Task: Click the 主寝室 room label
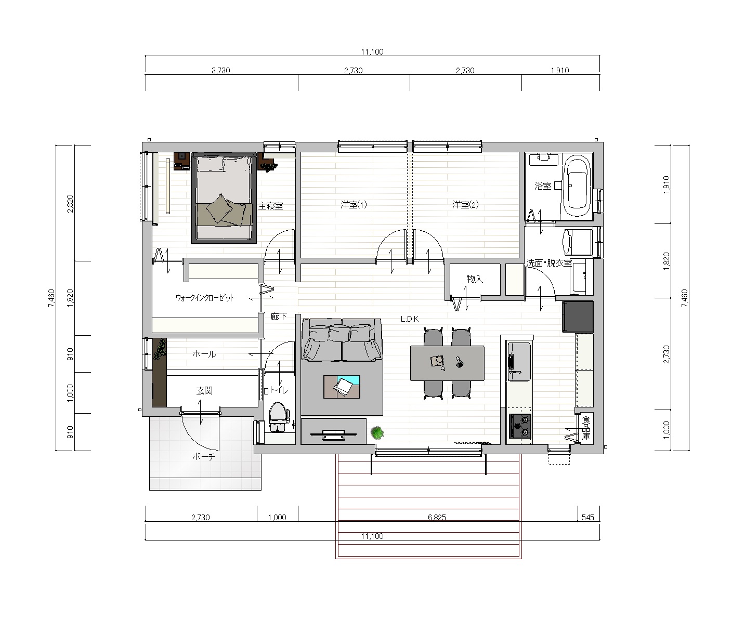coord(271,206)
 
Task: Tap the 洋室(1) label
coord(354,205)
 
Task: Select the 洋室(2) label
coord(465,205)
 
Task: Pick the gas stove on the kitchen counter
coord(520,426)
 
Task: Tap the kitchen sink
coord(519,361)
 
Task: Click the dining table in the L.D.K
coord(447,363)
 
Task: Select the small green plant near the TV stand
coord(377,433)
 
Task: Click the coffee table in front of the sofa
coord(342,387)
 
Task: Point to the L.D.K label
coord(410,319)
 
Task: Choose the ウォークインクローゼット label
coord(205,298)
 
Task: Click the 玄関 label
coord(204,390)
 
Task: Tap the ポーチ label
coord(204,456)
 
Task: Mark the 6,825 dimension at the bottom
coord(437,517)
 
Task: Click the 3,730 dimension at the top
coord(220,71)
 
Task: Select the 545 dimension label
coord(588,517)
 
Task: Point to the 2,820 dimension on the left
coord(70,204)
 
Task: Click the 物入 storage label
coord(475,279)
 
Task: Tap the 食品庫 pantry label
coord(586,428)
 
